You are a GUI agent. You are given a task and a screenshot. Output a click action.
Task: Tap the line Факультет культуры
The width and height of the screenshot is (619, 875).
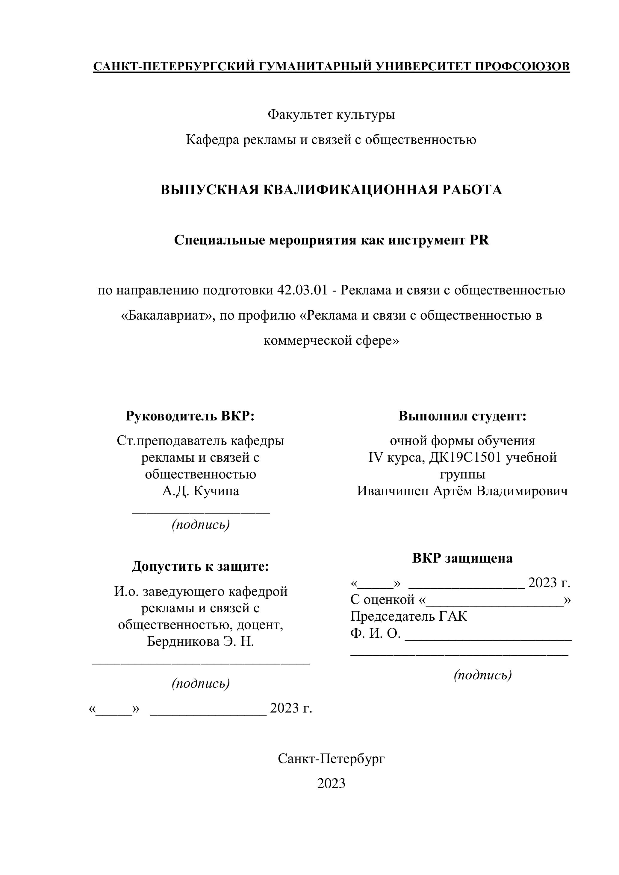pos(331,114)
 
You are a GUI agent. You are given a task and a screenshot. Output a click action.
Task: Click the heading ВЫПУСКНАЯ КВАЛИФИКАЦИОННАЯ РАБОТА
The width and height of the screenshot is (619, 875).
pos(331,190)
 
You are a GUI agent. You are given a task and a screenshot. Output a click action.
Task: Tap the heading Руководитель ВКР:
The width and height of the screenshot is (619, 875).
pos(190,416)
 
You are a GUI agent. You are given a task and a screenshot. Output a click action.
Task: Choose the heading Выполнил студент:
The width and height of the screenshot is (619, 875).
pos(462,416)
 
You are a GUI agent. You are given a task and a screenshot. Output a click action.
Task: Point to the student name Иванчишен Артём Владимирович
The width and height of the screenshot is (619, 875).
pos(462,491)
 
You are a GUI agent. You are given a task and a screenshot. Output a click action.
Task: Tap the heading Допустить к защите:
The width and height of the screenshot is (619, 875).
pos(200,566)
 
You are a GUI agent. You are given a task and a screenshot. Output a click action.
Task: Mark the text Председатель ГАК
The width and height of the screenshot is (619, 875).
pos(408,616)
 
